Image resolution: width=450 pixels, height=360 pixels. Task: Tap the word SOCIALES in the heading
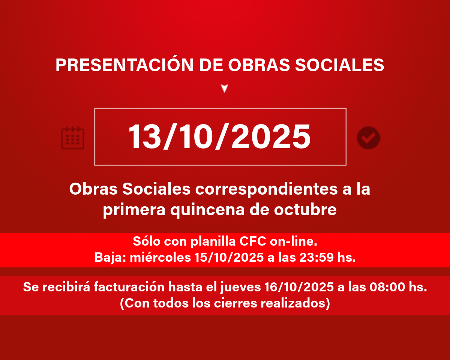339,65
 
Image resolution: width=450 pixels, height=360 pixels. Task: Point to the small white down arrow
225,88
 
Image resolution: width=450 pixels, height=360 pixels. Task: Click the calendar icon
72,138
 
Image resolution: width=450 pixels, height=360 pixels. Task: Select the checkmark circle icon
369,138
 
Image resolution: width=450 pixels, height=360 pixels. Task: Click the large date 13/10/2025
219,136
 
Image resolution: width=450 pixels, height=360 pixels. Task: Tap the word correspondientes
266,189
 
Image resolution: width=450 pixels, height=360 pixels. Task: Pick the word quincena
207,210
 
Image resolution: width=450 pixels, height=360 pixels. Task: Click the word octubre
305,209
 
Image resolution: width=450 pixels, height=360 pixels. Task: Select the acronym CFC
253,241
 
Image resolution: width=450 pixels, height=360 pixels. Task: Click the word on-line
294,241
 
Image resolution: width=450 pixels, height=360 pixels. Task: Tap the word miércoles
160,257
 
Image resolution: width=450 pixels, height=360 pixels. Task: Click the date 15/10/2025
229,257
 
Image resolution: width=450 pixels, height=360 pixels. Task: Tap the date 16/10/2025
299,287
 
